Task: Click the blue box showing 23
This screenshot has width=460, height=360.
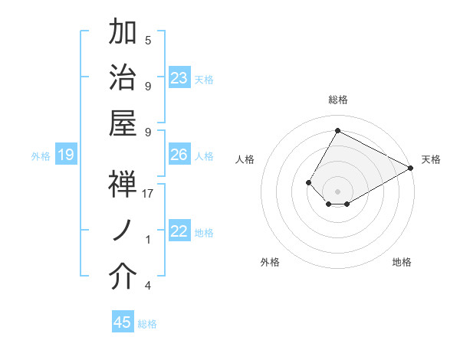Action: click(179, 78)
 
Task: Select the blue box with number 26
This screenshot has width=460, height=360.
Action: click(179, 155)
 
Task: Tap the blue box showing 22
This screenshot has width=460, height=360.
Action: click(179, 231)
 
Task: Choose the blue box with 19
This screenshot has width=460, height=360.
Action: click(66, 155)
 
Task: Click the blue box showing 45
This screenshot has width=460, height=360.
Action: click(123, 322)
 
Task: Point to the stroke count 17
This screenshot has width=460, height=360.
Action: click(149, 193)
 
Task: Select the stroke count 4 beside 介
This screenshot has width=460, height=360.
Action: click(148, 286)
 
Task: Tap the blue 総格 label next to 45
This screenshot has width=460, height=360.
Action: click(147, 324)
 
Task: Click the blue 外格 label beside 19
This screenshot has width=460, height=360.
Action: click(41, 156)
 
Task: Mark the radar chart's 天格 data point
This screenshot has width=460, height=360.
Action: click(411, 169)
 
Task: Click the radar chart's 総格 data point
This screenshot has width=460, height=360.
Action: click(337, 130)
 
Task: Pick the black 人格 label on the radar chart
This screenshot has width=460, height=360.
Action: click(245, 159)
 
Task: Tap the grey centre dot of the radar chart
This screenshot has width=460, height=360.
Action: click(337, 190)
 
